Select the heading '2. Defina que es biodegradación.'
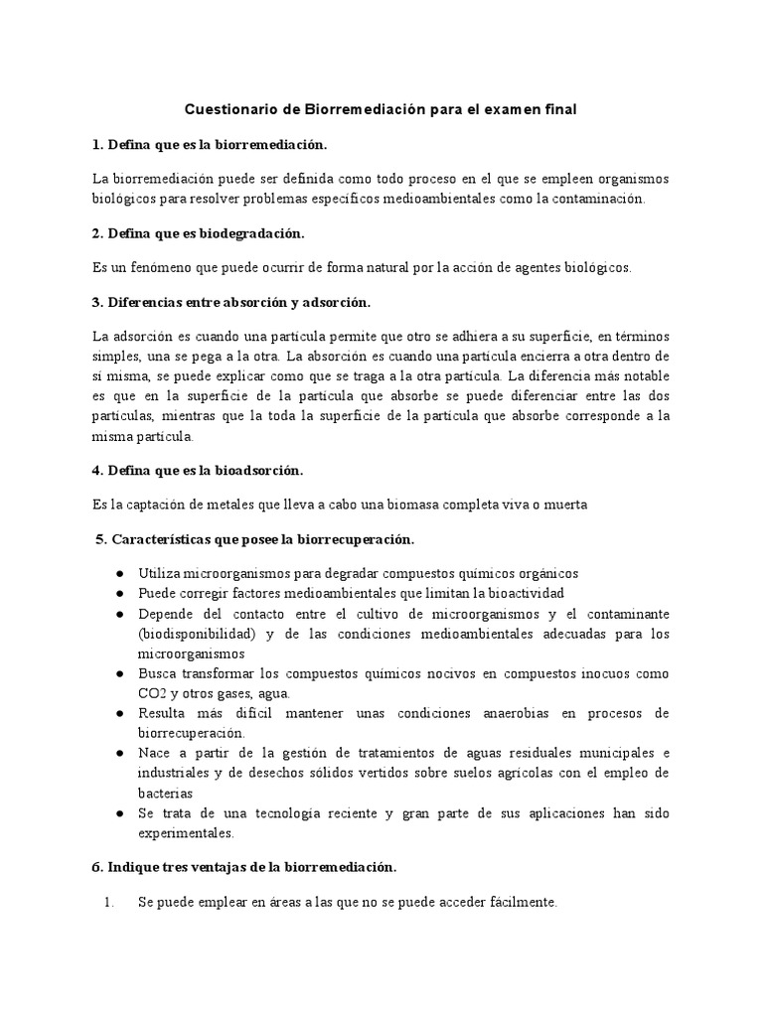click(199, 232)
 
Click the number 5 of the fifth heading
click(99, 539)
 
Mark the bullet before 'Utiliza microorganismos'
click(119, 574)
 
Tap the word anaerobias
click(513, 713)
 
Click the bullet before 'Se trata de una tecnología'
click(119, 813)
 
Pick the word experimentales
click(187, 832)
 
